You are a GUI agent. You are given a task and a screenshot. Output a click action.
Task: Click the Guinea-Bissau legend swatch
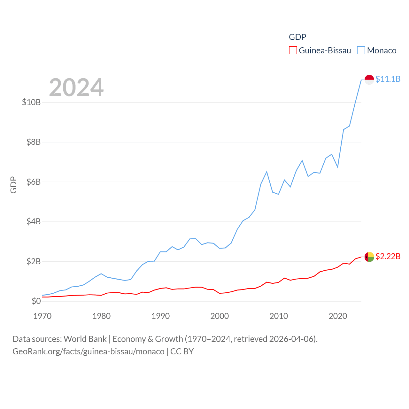[x=293, y=50]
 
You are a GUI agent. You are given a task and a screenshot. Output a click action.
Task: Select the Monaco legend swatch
[x=361, y=50]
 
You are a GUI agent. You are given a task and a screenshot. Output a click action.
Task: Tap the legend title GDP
[x=297, y=37]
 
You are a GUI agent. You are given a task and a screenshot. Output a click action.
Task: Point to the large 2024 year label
[x=76, y=87]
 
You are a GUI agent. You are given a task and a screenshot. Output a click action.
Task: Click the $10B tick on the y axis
[x=31, y=102]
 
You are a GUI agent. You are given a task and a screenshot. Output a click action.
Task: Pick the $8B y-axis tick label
[x=34, y=142]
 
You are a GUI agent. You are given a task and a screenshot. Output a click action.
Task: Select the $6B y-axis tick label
[x=34, y=182]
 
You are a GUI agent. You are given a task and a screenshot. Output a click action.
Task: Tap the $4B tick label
[x=34, y=221]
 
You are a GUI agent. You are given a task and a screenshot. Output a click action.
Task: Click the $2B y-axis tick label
[x=34, y=261]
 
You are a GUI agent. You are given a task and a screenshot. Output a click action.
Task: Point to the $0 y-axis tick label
[x=36, y=301]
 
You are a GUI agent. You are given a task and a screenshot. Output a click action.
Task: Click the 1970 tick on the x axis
[x=42, y=316]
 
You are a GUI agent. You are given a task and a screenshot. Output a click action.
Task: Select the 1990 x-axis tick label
[x=160, y=316]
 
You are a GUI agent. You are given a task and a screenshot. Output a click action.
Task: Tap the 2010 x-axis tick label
[x=279, y=316]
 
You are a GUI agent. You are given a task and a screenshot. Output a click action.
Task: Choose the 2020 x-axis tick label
[x=338, y=316]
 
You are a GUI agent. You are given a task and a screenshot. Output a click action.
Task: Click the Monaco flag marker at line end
[x=369, y=80]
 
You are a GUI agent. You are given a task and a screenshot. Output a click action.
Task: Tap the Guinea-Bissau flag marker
[x=369, y=257]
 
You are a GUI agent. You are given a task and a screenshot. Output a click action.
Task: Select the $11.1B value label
[x=388, y=79]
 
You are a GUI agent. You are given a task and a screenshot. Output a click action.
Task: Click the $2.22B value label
[x=388, y=256]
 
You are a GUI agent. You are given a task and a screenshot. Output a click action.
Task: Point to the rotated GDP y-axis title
[x=13, y=185]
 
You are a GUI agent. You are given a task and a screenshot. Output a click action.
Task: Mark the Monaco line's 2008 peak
[x=266, y=172]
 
